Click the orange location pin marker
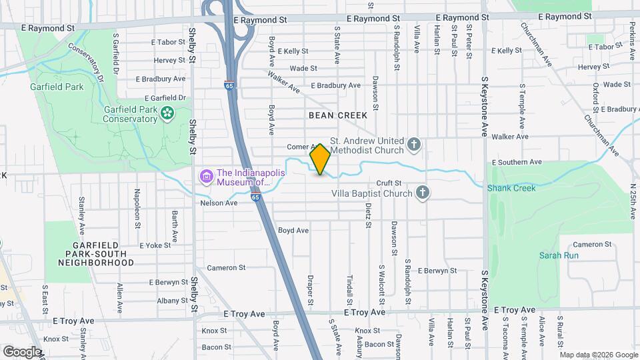pos(320,159)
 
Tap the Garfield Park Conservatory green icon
pos(167,115)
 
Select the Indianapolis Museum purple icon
pos(207,177)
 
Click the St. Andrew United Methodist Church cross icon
pos(414,145)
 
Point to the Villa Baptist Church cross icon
pos(421,193)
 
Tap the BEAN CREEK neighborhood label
pos(338,115)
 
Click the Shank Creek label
pos(511,188)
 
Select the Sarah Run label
pos(559,255)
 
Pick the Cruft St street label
pos(388,183)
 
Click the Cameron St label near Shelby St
pos(226,267)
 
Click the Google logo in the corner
pos(22,351)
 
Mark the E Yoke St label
pos(155,245)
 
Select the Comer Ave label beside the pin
pos(299,147)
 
